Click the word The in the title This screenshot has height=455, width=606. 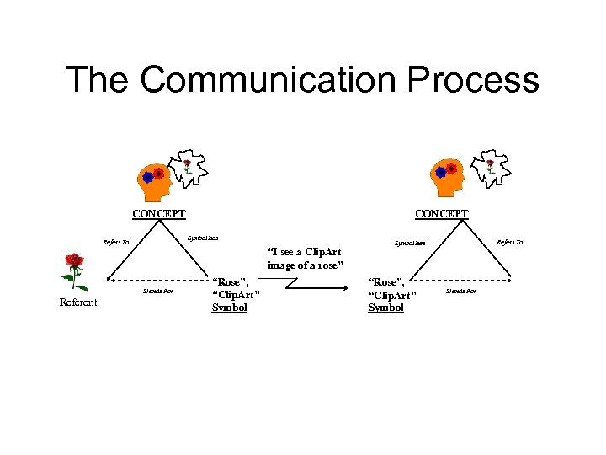[97, 80]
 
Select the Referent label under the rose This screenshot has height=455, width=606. [78, 302]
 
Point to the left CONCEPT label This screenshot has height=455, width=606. [159, 214]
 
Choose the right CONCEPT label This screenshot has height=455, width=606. [442, 214]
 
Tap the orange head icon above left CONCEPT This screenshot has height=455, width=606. [154, 178]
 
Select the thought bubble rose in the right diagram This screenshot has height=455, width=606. [489, 168]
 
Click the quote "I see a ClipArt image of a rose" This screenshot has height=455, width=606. [304, 258]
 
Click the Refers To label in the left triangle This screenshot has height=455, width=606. [116, 243]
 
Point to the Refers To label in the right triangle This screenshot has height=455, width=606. [509, 242]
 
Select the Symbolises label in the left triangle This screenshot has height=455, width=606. [203, 238]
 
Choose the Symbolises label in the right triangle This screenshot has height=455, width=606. [411, 243]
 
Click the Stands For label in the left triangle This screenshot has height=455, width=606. [158, 291]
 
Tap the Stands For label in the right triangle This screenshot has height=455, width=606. [460, 291]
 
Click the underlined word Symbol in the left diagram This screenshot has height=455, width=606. [230, 308]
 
